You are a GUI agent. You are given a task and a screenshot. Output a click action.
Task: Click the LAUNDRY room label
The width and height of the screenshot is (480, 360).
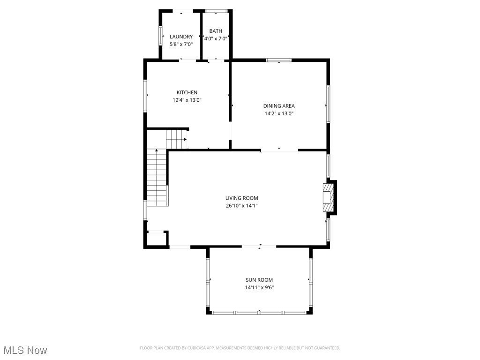coord(181,37)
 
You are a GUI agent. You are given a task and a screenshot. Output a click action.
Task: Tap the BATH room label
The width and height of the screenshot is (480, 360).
coord(216,31)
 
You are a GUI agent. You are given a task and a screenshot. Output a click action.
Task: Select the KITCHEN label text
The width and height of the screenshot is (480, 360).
coord(187,92)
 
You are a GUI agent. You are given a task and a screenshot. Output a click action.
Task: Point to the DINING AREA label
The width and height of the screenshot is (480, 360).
coord(279,106)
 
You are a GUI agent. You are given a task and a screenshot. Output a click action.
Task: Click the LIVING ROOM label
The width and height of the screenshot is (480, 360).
coord(241,198)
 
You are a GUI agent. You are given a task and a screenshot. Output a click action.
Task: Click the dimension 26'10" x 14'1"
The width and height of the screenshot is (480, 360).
coord(241,205)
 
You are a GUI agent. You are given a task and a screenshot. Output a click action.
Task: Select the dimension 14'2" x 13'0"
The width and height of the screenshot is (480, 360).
coord(279,113)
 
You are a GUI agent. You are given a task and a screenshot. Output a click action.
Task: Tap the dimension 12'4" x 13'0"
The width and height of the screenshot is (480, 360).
coord(187,100)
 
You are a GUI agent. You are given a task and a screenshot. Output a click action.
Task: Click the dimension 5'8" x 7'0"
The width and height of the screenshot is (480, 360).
coord(181,44)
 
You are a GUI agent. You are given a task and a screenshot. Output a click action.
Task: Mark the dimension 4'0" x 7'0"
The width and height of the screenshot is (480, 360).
coord(216,39)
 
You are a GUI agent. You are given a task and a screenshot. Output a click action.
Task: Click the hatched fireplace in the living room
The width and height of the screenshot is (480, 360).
coord(329,197)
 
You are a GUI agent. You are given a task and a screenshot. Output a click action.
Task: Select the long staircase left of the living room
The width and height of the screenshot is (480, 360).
coord(157,177)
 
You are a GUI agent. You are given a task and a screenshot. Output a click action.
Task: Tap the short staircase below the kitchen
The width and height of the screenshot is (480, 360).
coord(176,139)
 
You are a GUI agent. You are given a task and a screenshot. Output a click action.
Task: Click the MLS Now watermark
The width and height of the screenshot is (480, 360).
coord(25,350)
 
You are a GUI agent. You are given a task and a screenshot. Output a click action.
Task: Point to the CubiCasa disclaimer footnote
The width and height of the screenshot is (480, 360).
coord(240,348)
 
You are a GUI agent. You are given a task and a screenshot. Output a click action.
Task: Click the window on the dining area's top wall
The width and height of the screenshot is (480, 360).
coord(279,60)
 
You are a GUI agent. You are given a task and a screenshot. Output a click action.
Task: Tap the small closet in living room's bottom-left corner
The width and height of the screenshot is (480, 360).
coord(156,238)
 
